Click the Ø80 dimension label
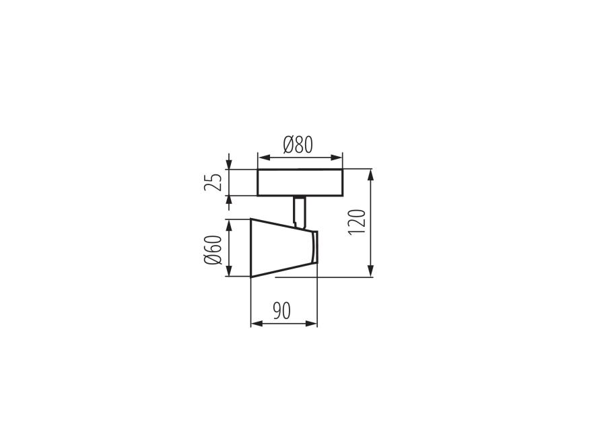point(298,145)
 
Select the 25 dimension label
point(213,182)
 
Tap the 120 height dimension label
point(357,221)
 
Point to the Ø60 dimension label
point(213,250)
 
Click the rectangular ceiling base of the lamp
point(300,182)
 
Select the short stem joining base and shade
point(300,211)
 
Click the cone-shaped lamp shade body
point(281,248)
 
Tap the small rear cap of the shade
point(315,247)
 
